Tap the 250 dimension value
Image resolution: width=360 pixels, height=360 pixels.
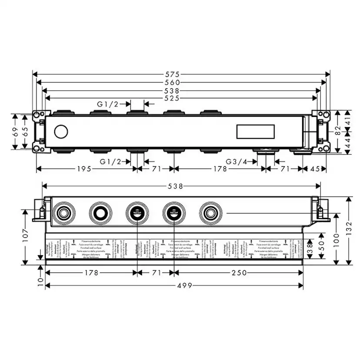pyautogui.click(x=239, y=273)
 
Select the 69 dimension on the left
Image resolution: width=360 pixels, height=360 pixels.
pyautogui.click(x=15, y=131)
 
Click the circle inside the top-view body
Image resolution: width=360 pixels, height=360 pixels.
pyautogui.click(x=61, y=132)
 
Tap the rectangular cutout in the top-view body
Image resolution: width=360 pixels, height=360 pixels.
pyautogui.click(x=255, y=132)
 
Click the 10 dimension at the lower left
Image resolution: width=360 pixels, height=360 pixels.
pyautogui.click(x=40, y=283)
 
